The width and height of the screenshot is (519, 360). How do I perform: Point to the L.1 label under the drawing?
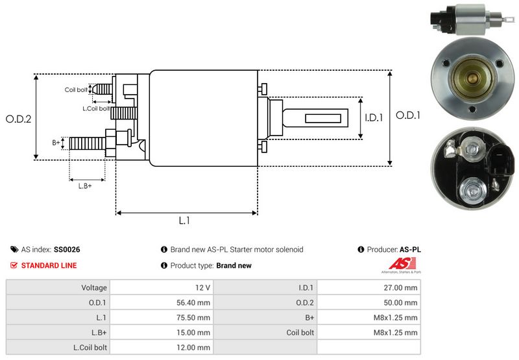(x=184, y=221)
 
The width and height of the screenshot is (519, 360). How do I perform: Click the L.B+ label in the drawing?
(x=85, y=186)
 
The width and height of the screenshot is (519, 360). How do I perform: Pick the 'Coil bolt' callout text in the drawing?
(x=76, y=90)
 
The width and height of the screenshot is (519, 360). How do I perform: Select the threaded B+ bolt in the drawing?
(x=86, y=142)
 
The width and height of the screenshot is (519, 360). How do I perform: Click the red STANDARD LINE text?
(x=49, y=265)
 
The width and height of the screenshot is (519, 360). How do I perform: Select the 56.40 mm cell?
(x=195, y=302)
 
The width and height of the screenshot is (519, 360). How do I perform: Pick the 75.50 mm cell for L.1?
(x=195, y=317)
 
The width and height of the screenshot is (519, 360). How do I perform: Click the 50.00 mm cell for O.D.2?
(x=402, y=302)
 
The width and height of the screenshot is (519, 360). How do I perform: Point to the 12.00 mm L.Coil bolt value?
(x=195, y=348)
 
